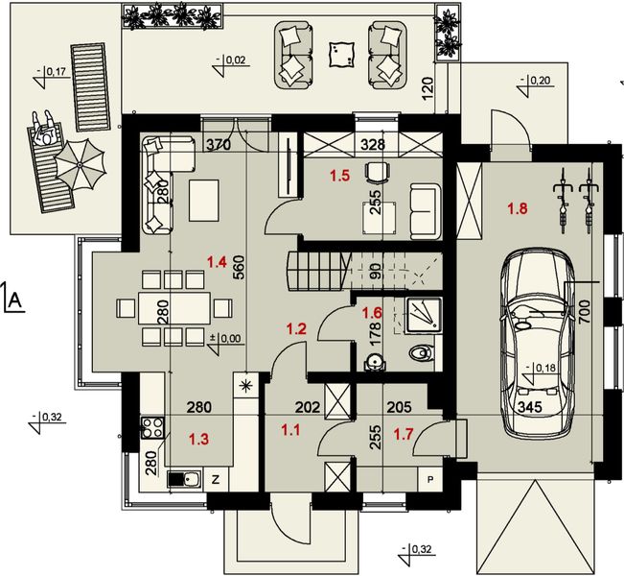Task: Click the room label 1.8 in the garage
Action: tap(518, 208)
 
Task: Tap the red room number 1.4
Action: tap(217, 262)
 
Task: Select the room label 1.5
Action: tap(340, 176)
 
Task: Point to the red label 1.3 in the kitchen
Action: tap(198, 440)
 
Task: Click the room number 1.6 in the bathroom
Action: tap(372, 313)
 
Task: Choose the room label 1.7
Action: tap(404, 434)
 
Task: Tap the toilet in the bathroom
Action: tap(421, 352)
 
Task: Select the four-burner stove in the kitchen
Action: tap(152, 427)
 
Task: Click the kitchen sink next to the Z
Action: tap(184, 479)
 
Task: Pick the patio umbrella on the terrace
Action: tap(80, 164)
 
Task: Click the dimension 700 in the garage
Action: tap(584, 313)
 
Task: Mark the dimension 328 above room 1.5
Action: tap(373, 144)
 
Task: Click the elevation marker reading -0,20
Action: tap(535, 84)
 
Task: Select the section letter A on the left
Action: tap(15, 300)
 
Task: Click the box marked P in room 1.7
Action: tap(430, 479)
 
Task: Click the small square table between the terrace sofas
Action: tap(342, 55)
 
